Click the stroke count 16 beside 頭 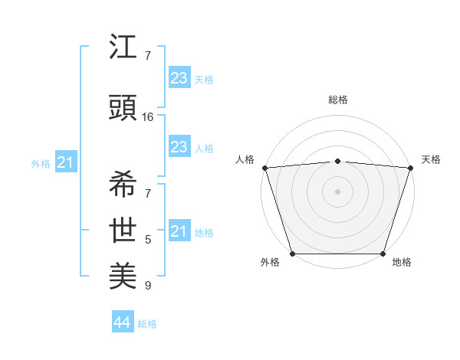(148, 117)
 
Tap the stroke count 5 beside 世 (148, 240)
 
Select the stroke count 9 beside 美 (148, 286)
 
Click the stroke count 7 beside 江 (148, 57)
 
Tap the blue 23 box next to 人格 (179, 147)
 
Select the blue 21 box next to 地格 (179, 231)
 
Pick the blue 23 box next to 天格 (179, 78)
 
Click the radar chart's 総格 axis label (338, 100)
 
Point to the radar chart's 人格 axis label (245, 159)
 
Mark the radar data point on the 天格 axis (411, 168)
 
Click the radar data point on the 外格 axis (292, 254)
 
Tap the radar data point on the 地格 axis (383, 254)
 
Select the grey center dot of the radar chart (337, 191)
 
